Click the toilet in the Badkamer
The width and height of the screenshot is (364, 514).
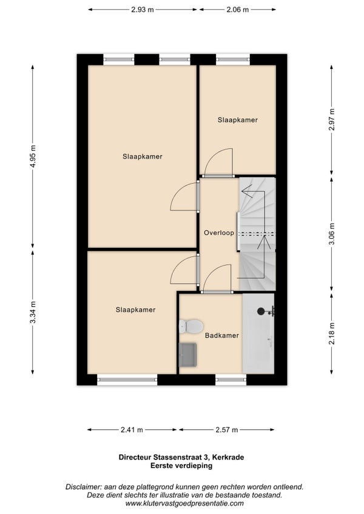[x=190, y=327]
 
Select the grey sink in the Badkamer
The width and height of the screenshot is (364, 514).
[x=187, y=355]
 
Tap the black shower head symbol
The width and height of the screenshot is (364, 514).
[x=261, y=311]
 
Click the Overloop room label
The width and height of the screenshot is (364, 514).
[x=219, y=233]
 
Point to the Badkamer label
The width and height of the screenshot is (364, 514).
[x=222, y=335]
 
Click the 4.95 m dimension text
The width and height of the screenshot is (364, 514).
[x=33, y=156]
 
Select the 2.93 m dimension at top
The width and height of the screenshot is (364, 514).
[x=143, y=10]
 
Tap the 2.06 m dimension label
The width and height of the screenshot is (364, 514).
[x=237, y=10]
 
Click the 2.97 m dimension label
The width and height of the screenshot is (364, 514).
[x=332, y=119]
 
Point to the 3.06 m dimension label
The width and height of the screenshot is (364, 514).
[x=332, y=233]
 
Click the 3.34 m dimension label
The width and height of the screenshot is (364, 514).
[x=33, y=312]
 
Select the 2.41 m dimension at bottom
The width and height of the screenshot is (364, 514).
[x=132, y=430]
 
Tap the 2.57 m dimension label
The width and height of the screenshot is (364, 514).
[x=226, y=430]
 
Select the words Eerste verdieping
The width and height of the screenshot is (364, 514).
[x=181, y=466]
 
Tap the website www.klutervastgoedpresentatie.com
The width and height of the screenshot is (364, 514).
[x=184, y=504]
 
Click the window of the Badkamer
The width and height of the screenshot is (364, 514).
[x=231, y=379]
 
